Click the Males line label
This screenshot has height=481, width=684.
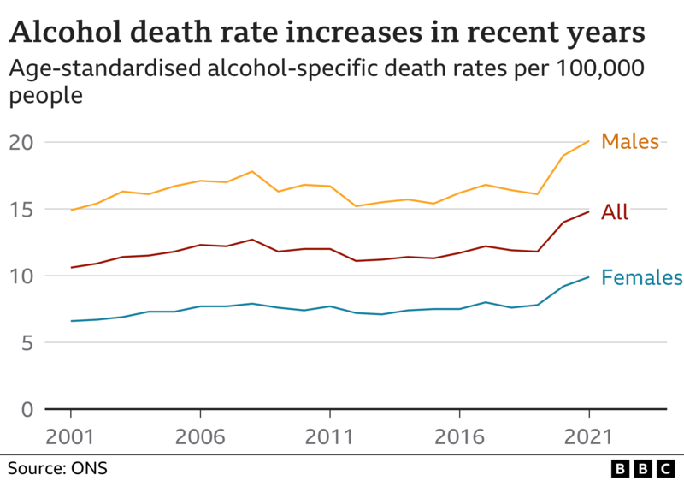(x=630, y=141)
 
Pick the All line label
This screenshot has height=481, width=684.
(x=615, y=212)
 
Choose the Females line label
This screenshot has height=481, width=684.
(x=641, y=277)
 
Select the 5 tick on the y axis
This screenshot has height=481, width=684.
(x=27, y=342)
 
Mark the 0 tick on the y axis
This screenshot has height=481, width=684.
(x=27, y=409)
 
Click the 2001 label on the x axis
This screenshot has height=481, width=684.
(x=71, y=437)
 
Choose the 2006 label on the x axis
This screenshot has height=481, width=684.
(x=200, y=437)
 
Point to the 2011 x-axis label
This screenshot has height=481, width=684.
(x=330, y=437)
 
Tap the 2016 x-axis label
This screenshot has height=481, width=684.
(x=459, y=437)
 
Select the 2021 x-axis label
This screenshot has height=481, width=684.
(x=588, y=437)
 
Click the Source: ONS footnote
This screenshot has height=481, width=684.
(x=58, y=468)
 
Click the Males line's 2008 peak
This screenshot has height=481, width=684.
(x=251, y=171)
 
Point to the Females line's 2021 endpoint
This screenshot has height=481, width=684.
(x=588, y=276)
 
